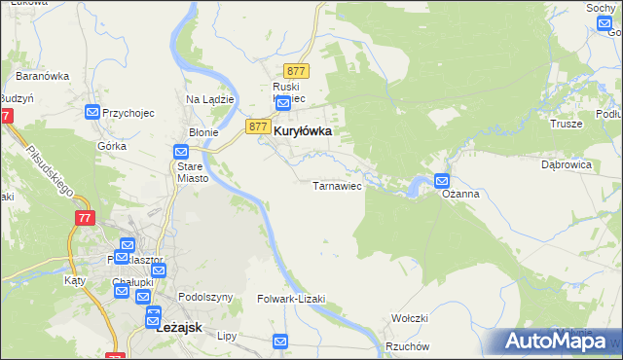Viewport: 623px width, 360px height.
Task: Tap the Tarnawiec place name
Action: tap(338, 184)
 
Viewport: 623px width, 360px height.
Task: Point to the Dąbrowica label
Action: tap(568, 164)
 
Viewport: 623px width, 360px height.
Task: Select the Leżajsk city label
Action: tap(178, 328)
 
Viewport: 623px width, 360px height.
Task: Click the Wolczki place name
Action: tap(410, 318)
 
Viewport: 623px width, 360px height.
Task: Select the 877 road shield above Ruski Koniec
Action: tap(297, 71)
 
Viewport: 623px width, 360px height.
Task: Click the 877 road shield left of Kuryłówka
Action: tap(257, 126)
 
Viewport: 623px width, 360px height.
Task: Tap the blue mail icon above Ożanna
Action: tap(442, 180)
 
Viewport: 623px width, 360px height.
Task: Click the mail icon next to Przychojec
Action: tap(92, 112)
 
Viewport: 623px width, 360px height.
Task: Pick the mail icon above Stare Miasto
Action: tap(181, 152)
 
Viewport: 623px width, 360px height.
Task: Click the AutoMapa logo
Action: tap(557, 341)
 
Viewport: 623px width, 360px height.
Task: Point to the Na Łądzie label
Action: tap(205, 99)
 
